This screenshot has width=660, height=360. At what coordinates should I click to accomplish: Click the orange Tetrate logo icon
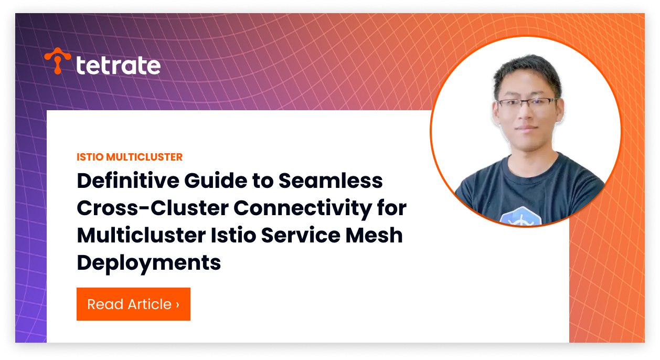tap(58, 60)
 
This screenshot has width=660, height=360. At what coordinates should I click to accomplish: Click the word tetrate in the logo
tap(118, 66)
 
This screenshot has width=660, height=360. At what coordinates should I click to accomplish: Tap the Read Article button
tap(133, 304)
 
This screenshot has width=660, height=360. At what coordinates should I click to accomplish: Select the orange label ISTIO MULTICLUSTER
tap(130, 157)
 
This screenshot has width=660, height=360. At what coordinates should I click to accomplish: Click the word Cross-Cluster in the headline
tap(152, 208)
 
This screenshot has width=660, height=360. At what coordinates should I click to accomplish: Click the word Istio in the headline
tap(232, 236)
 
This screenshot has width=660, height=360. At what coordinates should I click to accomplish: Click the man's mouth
tap(526, 128)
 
